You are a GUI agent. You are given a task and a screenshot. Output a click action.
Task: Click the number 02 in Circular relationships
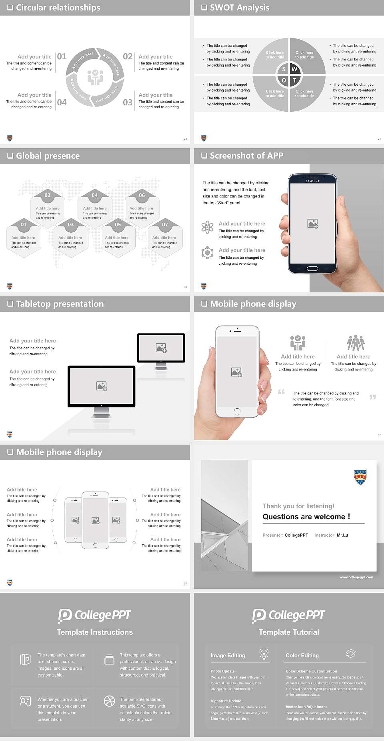point(128,56)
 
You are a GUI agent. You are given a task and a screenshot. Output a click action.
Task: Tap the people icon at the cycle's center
point(95,77)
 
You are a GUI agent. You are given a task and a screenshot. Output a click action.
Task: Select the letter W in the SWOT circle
point(294,69)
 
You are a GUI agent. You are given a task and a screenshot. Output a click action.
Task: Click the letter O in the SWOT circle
point(284,80)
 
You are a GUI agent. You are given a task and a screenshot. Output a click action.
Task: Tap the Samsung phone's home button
point(312,268)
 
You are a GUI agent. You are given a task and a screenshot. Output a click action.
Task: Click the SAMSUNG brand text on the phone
point(312,181)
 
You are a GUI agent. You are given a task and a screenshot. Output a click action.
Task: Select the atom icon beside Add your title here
point(207,227)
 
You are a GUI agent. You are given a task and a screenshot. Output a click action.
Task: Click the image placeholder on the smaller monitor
point(161,348)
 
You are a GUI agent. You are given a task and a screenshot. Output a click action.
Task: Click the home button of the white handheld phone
point(237,411)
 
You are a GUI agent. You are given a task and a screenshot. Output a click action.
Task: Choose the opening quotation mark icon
point(282,392)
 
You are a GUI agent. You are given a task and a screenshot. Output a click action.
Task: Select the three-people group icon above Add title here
point(356,343)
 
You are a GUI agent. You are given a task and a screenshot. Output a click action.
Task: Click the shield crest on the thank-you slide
point(360,477)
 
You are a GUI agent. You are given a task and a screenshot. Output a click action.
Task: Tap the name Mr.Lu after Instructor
point(342,535)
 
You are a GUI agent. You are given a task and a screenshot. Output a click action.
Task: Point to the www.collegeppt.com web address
point(356,577)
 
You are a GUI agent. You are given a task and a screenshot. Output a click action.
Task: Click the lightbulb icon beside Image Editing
point(264,653)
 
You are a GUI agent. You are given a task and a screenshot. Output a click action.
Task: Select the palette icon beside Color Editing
point(350,653)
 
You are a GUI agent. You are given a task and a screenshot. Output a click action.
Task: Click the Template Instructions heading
point(95,632)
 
